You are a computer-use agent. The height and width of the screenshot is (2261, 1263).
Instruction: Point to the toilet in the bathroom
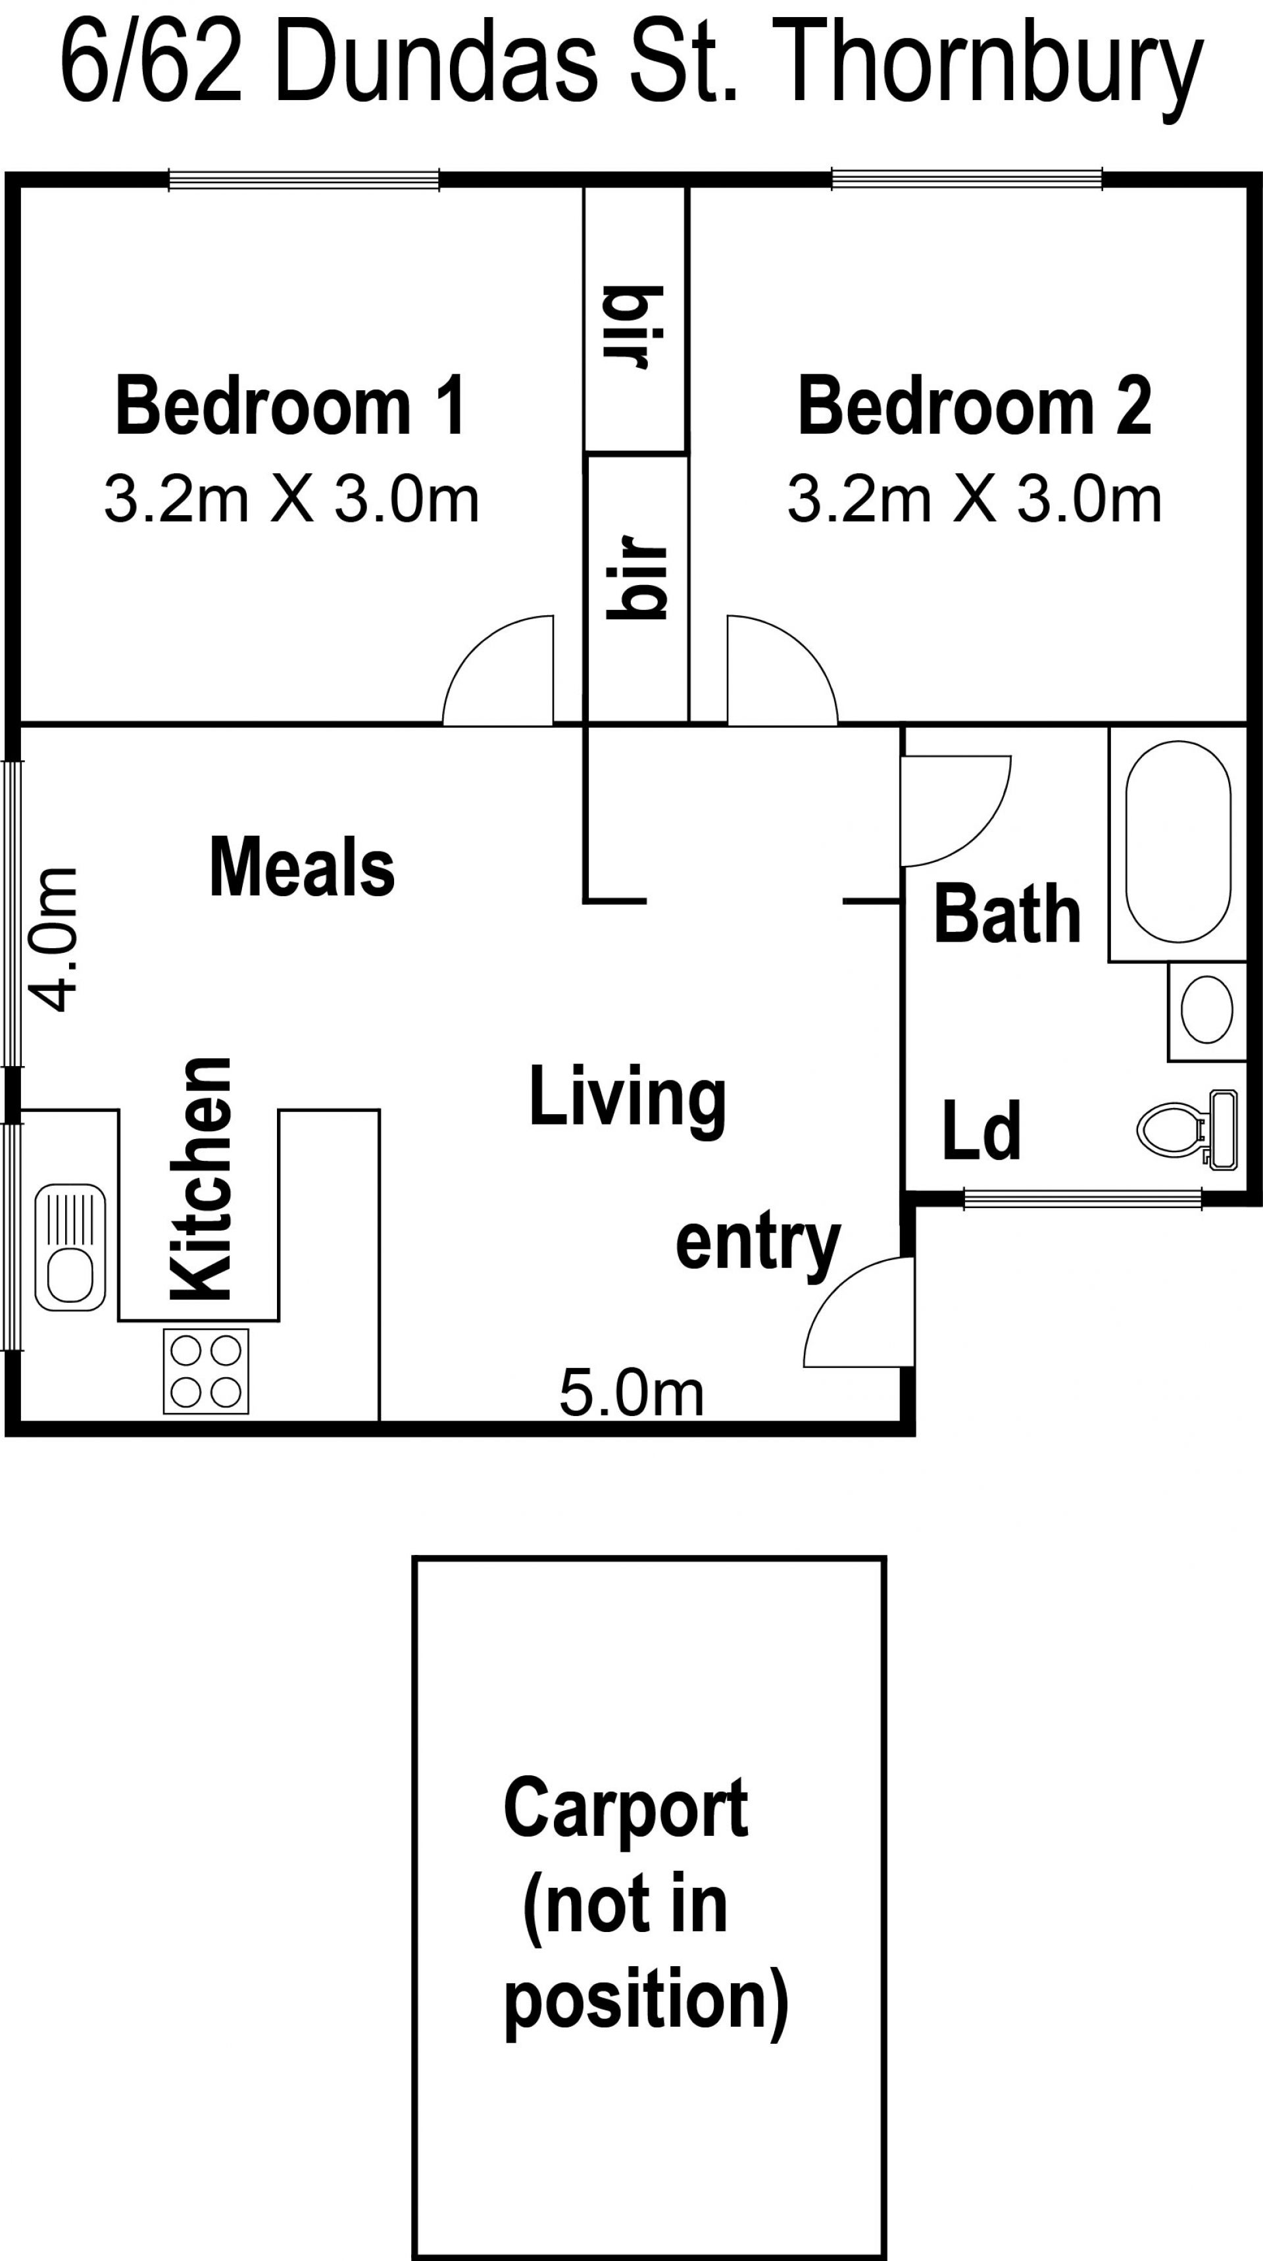point(1187,1130)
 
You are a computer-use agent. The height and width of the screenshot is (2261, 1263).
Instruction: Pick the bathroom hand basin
point(1207,1009)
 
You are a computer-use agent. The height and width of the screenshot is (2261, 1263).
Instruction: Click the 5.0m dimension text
point(632,1394)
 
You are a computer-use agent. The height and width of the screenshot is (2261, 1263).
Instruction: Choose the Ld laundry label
point(981,1130)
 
